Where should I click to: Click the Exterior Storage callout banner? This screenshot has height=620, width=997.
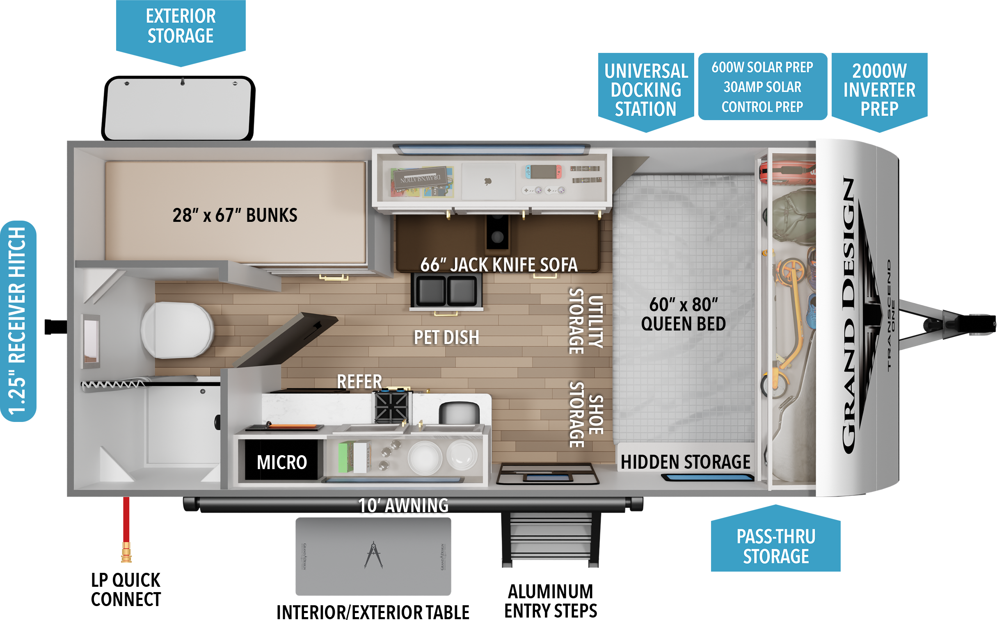click(181, 27)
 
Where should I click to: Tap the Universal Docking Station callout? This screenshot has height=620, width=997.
click(646, 90)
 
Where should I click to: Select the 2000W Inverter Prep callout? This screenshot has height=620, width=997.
click(879, 90)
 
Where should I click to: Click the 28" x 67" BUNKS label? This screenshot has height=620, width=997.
click(235, 215)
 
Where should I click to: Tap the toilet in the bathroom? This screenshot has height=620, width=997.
click(177, 330)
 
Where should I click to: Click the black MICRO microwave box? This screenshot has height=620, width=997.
click(282, 462)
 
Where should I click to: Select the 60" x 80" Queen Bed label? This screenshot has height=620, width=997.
click(684, 314)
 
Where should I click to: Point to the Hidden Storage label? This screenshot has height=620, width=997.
click(685, 462)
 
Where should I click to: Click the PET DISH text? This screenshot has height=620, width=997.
click(446, 337)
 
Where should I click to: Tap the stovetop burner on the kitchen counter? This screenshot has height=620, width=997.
click(392, 406)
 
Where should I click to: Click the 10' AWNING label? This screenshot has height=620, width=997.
click(403, 506)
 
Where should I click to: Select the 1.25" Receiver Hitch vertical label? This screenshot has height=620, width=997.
click(18, 321)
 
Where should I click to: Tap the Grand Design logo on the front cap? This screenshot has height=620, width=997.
click(849, 316)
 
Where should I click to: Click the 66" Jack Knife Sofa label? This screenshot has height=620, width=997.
click(499, 265)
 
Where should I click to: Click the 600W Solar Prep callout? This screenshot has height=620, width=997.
click(762, 87)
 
